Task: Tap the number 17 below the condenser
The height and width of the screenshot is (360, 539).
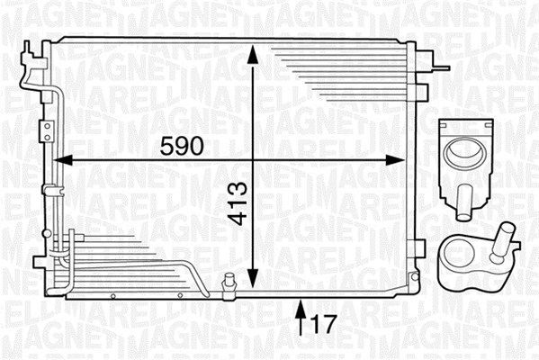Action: click(324, 320)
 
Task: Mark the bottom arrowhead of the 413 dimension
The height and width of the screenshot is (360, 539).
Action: click(255, 275)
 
